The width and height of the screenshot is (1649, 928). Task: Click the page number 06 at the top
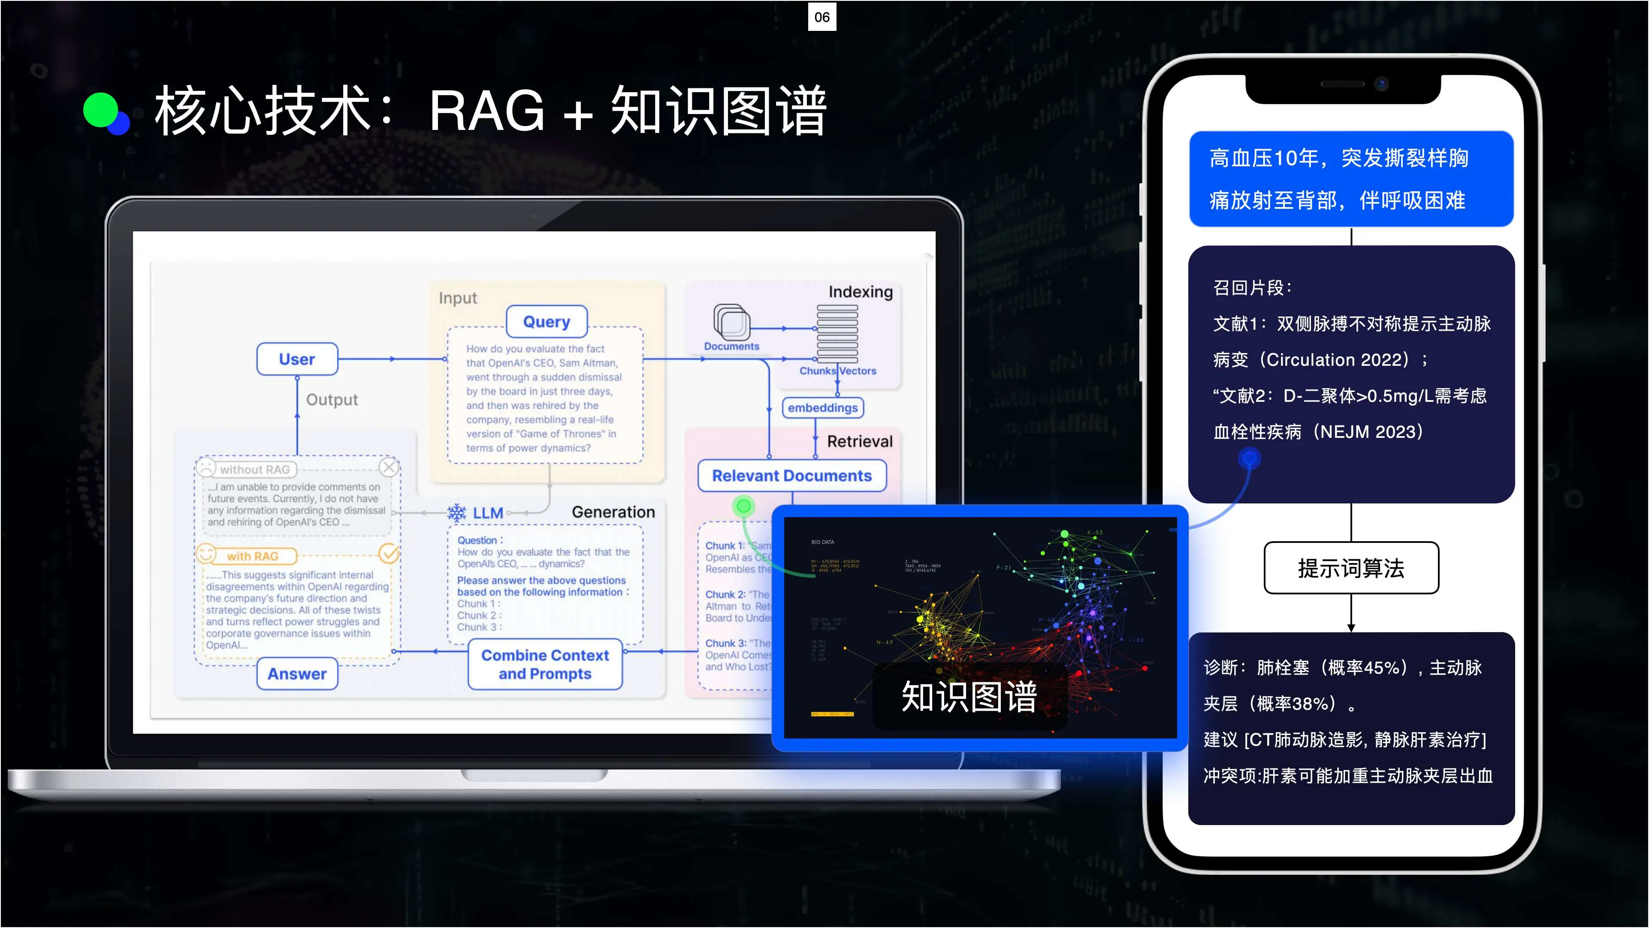pos(822,17)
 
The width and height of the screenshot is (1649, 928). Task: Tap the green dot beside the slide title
pos(100,110)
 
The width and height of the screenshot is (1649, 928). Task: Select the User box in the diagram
pos(297,359)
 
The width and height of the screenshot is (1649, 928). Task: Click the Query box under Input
pos(546,321)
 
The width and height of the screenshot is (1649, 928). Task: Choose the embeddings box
pos(823,408)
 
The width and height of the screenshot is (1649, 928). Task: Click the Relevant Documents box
pos(792,476)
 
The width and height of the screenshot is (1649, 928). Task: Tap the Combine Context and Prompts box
pos(545,664)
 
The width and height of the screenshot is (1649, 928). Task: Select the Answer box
pos(297,674)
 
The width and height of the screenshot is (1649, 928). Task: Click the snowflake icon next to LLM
pos(456,512)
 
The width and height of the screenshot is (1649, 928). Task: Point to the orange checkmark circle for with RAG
pos(389,554)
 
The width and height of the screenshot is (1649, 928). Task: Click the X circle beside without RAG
pos(389,467)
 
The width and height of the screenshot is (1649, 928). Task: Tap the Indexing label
pos(861,292)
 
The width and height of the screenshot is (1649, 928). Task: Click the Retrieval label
pos(859,442)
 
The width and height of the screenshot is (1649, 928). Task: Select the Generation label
pos(613,512)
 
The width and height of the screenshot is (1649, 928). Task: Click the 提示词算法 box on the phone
pos(1351,568)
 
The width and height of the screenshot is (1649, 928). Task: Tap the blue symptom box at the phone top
pos(1351,179)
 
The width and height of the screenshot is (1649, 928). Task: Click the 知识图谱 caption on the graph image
pos(969,697)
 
